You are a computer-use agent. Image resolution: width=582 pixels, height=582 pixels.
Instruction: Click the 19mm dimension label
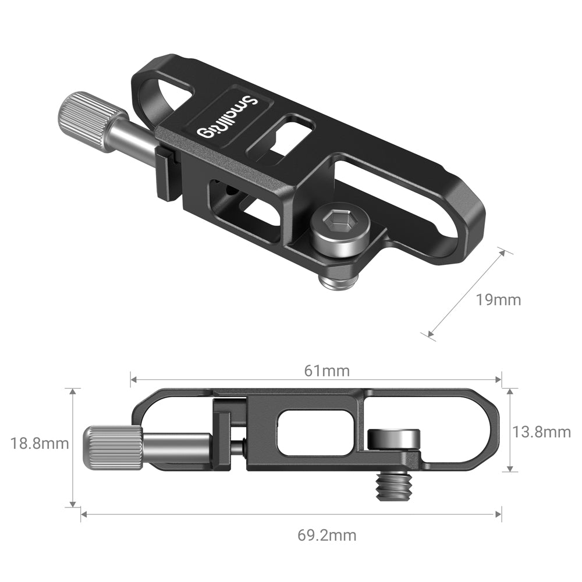coord(498,300)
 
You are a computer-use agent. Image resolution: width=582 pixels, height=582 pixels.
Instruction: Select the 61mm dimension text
coord(327,371)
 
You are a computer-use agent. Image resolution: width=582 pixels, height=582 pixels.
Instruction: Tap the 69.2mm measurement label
coord(327,535)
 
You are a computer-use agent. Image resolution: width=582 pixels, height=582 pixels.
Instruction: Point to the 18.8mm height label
coord(40,443)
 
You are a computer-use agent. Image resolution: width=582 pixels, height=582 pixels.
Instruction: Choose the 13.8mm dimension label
coord(541,432)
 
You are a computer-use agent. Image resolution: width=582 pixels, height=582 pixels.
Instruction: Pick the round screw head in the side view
coord(394,438)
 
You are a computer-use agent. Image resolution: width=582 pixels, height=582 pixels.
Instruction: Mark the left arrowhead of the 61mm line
coord(133,380)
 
